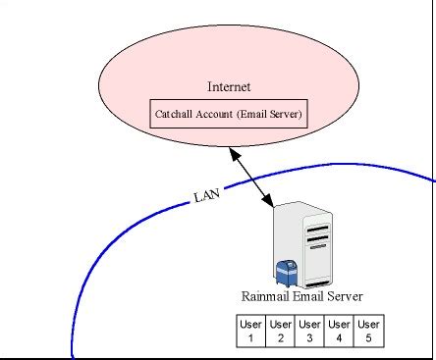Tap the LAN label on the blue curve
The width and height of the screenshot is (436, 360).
(x=206, y=196)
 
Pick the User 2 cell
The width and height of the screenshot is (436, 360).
(x=281, y=332)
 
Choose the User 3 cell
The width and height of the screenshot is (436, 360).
(x=309, y=332)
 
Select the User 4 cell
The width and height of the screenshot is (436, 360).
(x=339, y=332)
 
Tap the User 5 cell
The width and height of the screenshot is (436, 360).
(x=368, y=332)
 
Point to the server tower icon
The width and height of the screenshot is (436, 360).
(x=309, y=240)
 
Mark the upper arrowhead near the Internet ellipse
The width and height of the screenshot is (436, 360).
(x=232, y=153)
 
